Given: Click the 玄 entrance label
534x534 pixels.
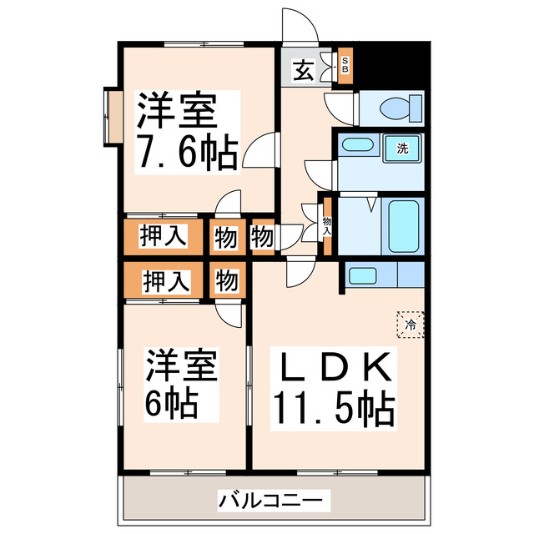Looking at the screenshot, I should click(304, 71).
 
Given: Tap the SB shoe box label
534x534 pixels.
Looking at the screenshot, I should click(345, 66).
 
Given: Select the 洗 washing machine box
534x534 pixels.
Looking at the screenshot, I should click(403, 149).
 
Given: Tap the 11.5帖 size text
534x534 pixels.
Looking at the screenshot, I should click(334, 408).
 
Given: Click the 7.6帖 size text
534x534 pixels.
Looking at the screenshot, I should click(187, 154).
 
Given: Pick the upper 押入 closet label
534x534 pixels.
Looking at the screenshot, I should click(163, 236).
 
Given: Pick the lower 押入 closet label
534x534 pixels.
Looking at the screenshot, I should click(163, 280).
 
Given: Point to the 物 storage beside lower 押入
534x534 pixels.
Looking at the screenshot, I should click(225, 280).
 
